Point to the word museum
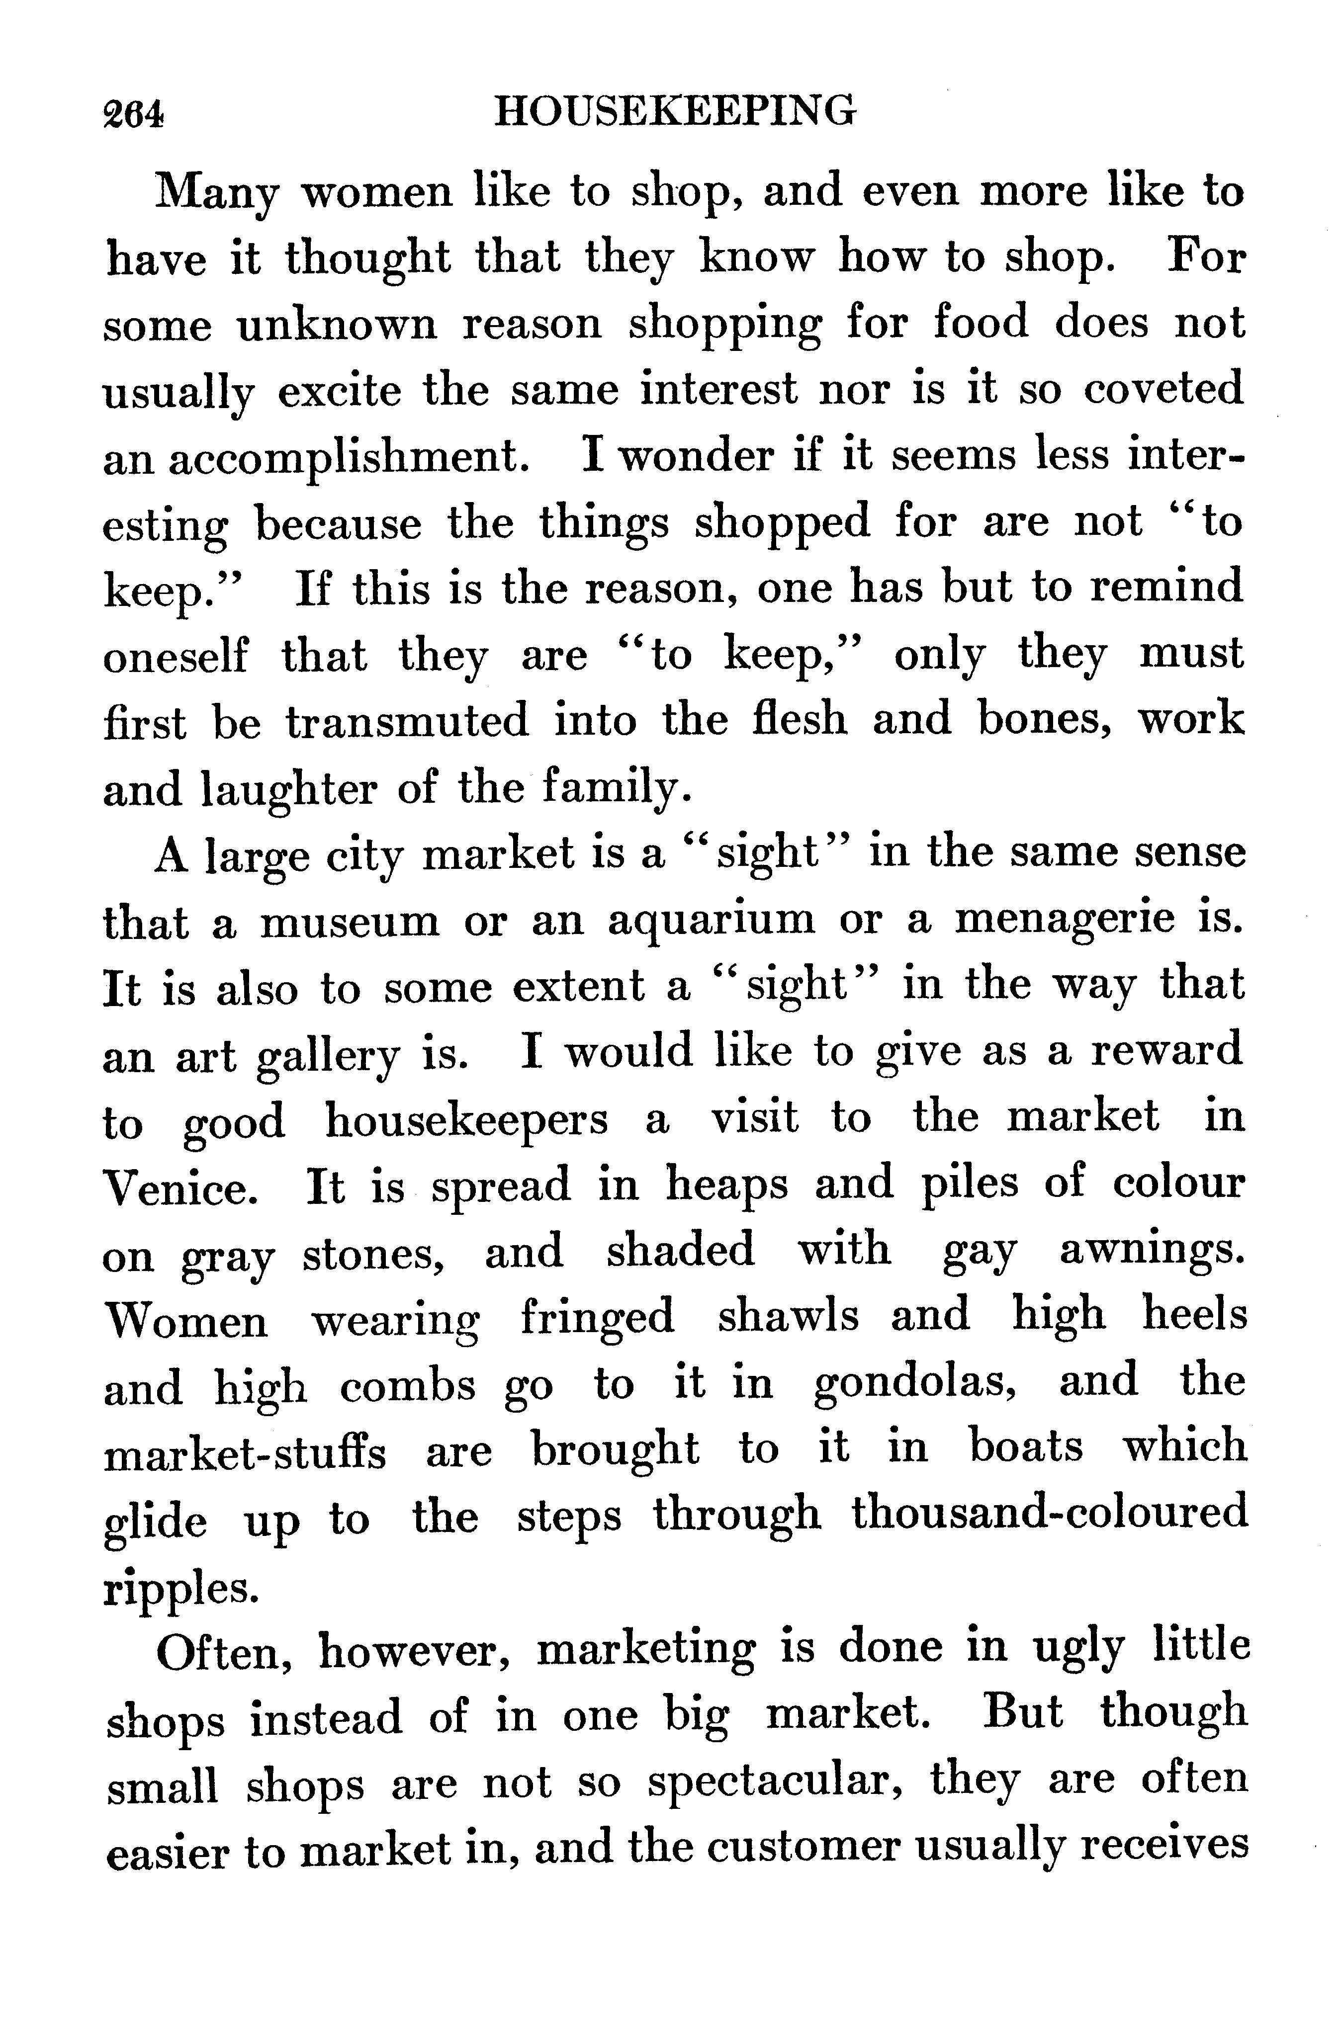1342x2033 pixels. point(349,922)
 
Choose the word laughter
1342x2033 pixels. point(287,790)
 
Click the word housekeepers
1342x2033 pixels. point(466,1119)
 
